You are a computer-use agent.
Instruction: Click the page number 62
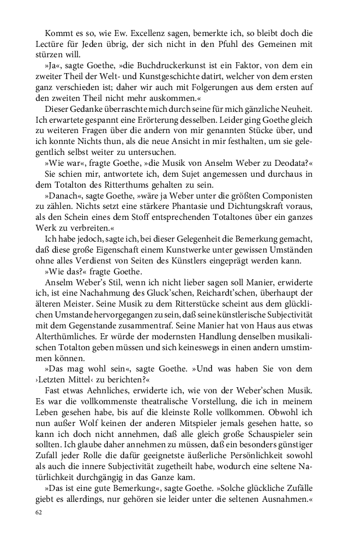pyautogui.click(x=38, y=514)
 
